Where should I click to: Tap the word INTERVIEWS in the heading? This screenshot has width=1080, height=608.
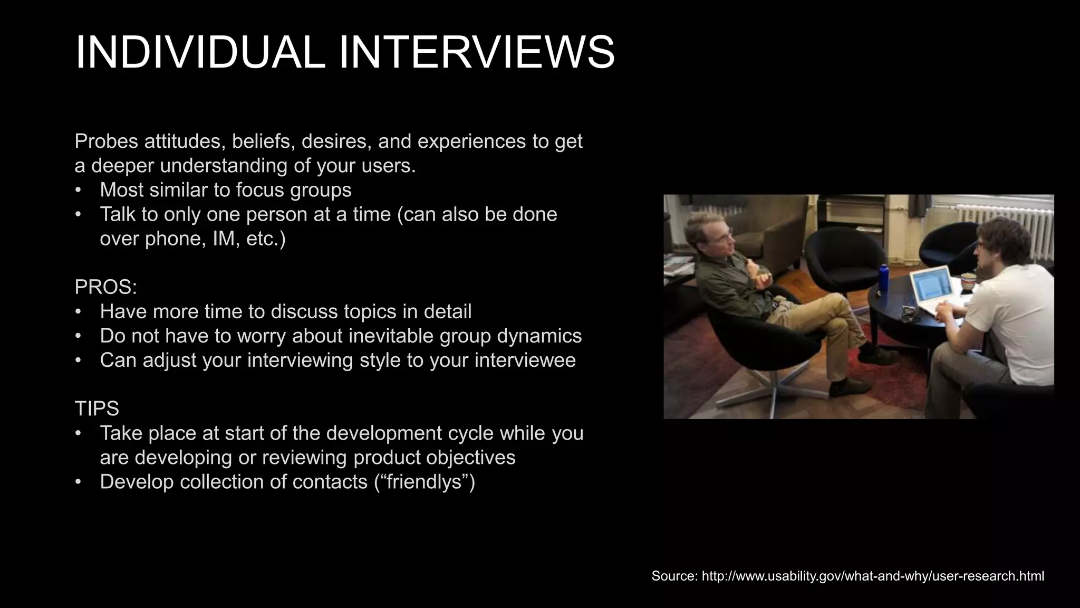click(x=476, y=52)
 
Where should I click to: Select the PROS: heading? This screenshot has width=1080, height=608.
click(x=105, y=287)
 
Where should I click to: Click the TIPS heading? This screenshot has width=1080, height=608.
click(x=97, y=408)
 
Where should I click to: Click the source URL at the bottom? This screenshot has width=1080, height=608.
click(x=873, y=576)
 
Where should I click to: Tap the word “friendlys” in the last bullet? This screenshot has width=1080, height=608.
click(x=425, y=482)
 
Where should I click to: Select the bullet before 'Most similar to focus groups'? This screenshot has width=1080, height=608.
click(x=79, y=190)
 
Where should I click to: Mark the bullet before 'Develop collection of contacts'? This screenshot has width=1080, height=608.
click(x=79, y=482)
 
